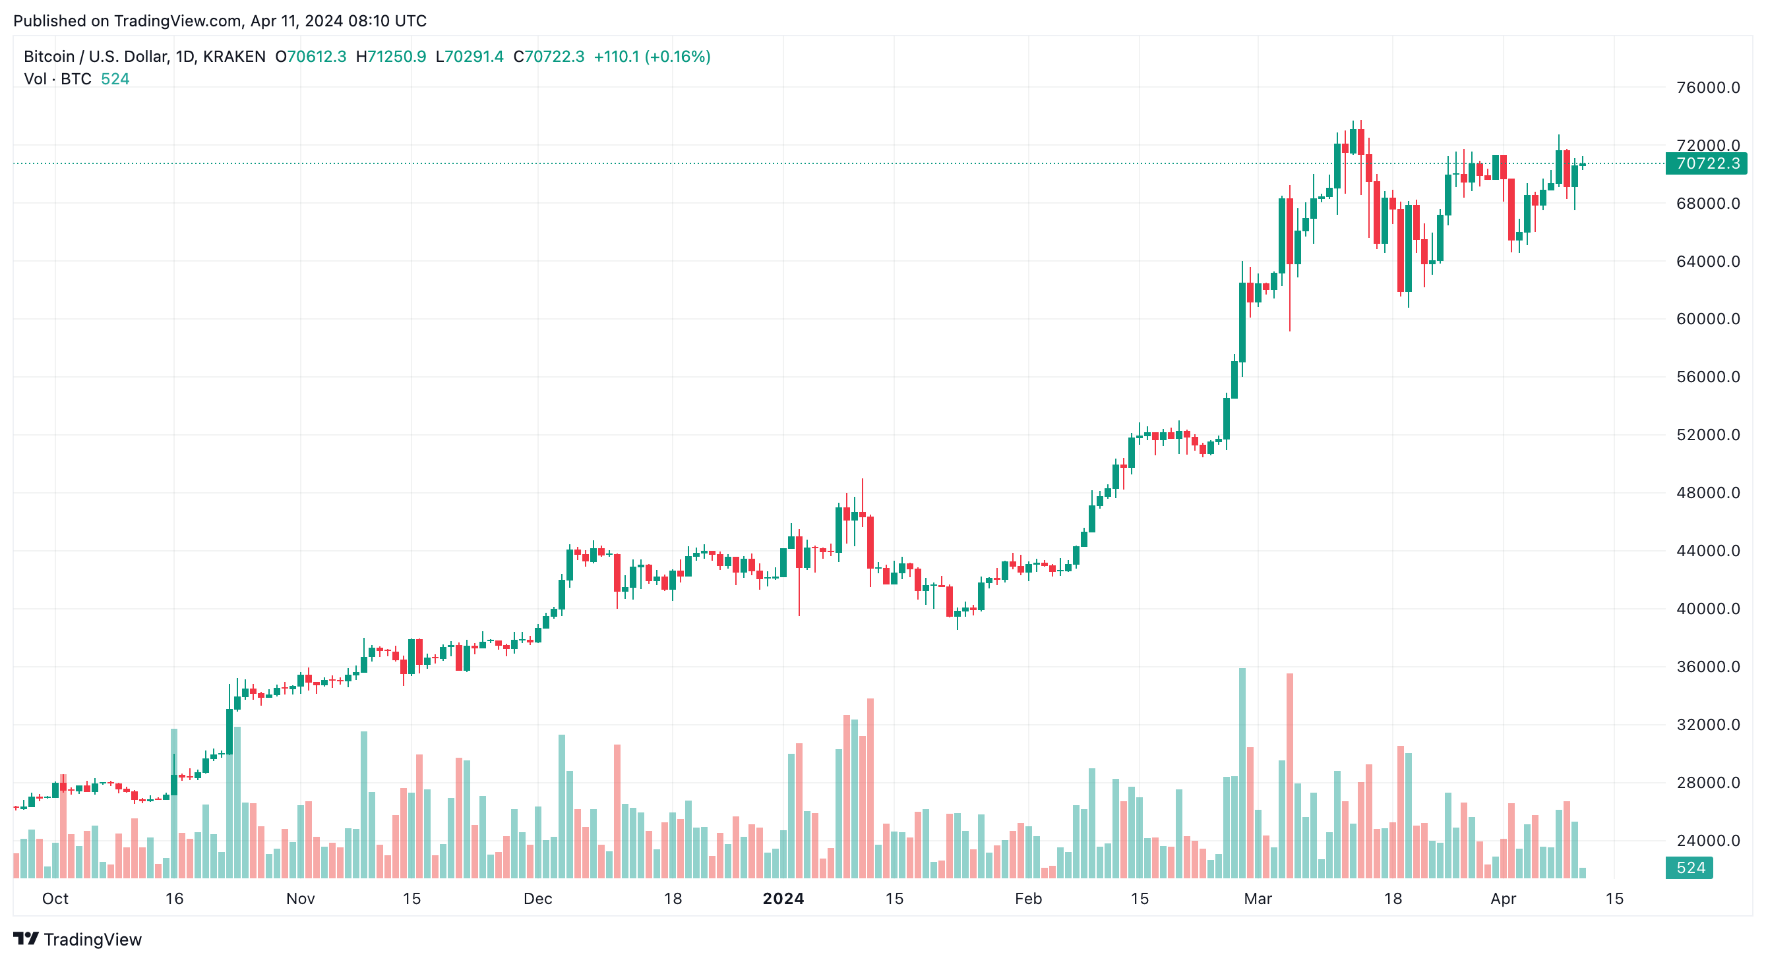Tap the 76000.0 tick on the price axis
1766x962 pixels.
coord(1707,88)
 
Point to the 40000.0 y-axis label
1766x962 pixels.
coord(1707,609)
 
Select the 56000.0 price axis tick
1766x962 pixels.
coord(1707,377)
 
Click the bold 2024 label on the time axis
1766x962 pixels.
coord(783,899)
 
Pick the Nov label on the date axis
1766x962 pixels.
coord(300,899)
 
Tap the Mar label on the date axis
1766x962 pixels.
coord(1258,899)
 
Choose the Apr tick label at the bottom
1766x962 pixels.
coord(1503,899)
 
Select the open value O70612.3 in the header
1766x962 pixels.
coord(311,57)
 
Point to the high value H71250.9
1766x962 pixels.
coord(391,57)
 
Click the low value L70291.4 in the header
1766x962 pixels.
coord(470,57)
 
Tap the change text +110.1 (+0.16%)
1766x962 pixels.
coord(652,57)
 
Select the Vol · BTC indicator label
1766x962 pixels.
coord(57,80)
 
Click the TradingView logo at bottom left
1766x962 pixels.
coord(77,940)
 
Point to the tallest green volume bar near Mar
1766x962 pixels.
coord(1242,774)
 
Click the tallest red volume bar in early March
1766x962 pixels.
coord(1289,778)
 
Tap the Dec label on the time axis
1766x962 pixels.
coord(537,899)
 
